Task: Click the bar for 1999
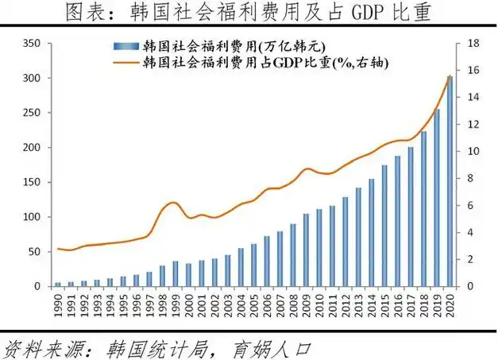coord(176,273)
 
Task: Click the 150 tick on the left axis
coord(31,182)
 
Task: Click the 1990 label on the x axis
coord(58,304)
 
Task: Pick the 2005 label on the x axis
coord(254,304)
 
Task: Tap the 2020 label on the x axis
coord(450,304)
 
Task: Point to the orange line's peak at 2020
coord(450,76)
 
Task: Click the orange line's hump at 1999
coord(174,202)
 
